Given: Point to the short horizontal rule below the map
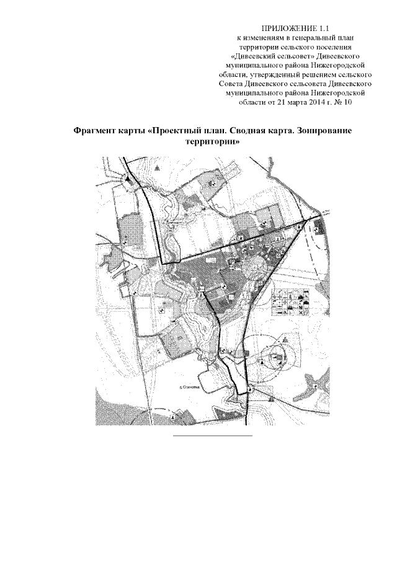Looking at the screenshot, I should (x=212, y=436).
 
